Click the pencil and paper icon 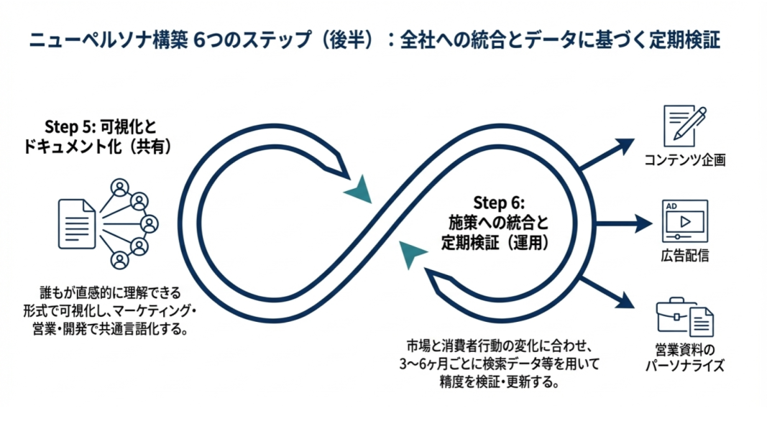tap(684, 126)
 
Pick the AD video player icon tap(684, 221)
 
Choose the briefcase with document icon tap(684, 317)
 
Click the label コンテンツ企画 tap(684, 160)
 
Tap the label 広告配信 tap(684, 256)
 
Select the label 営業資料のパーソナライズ tap(684, 358)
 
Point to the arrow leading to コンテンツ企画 tap(604, 153)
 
